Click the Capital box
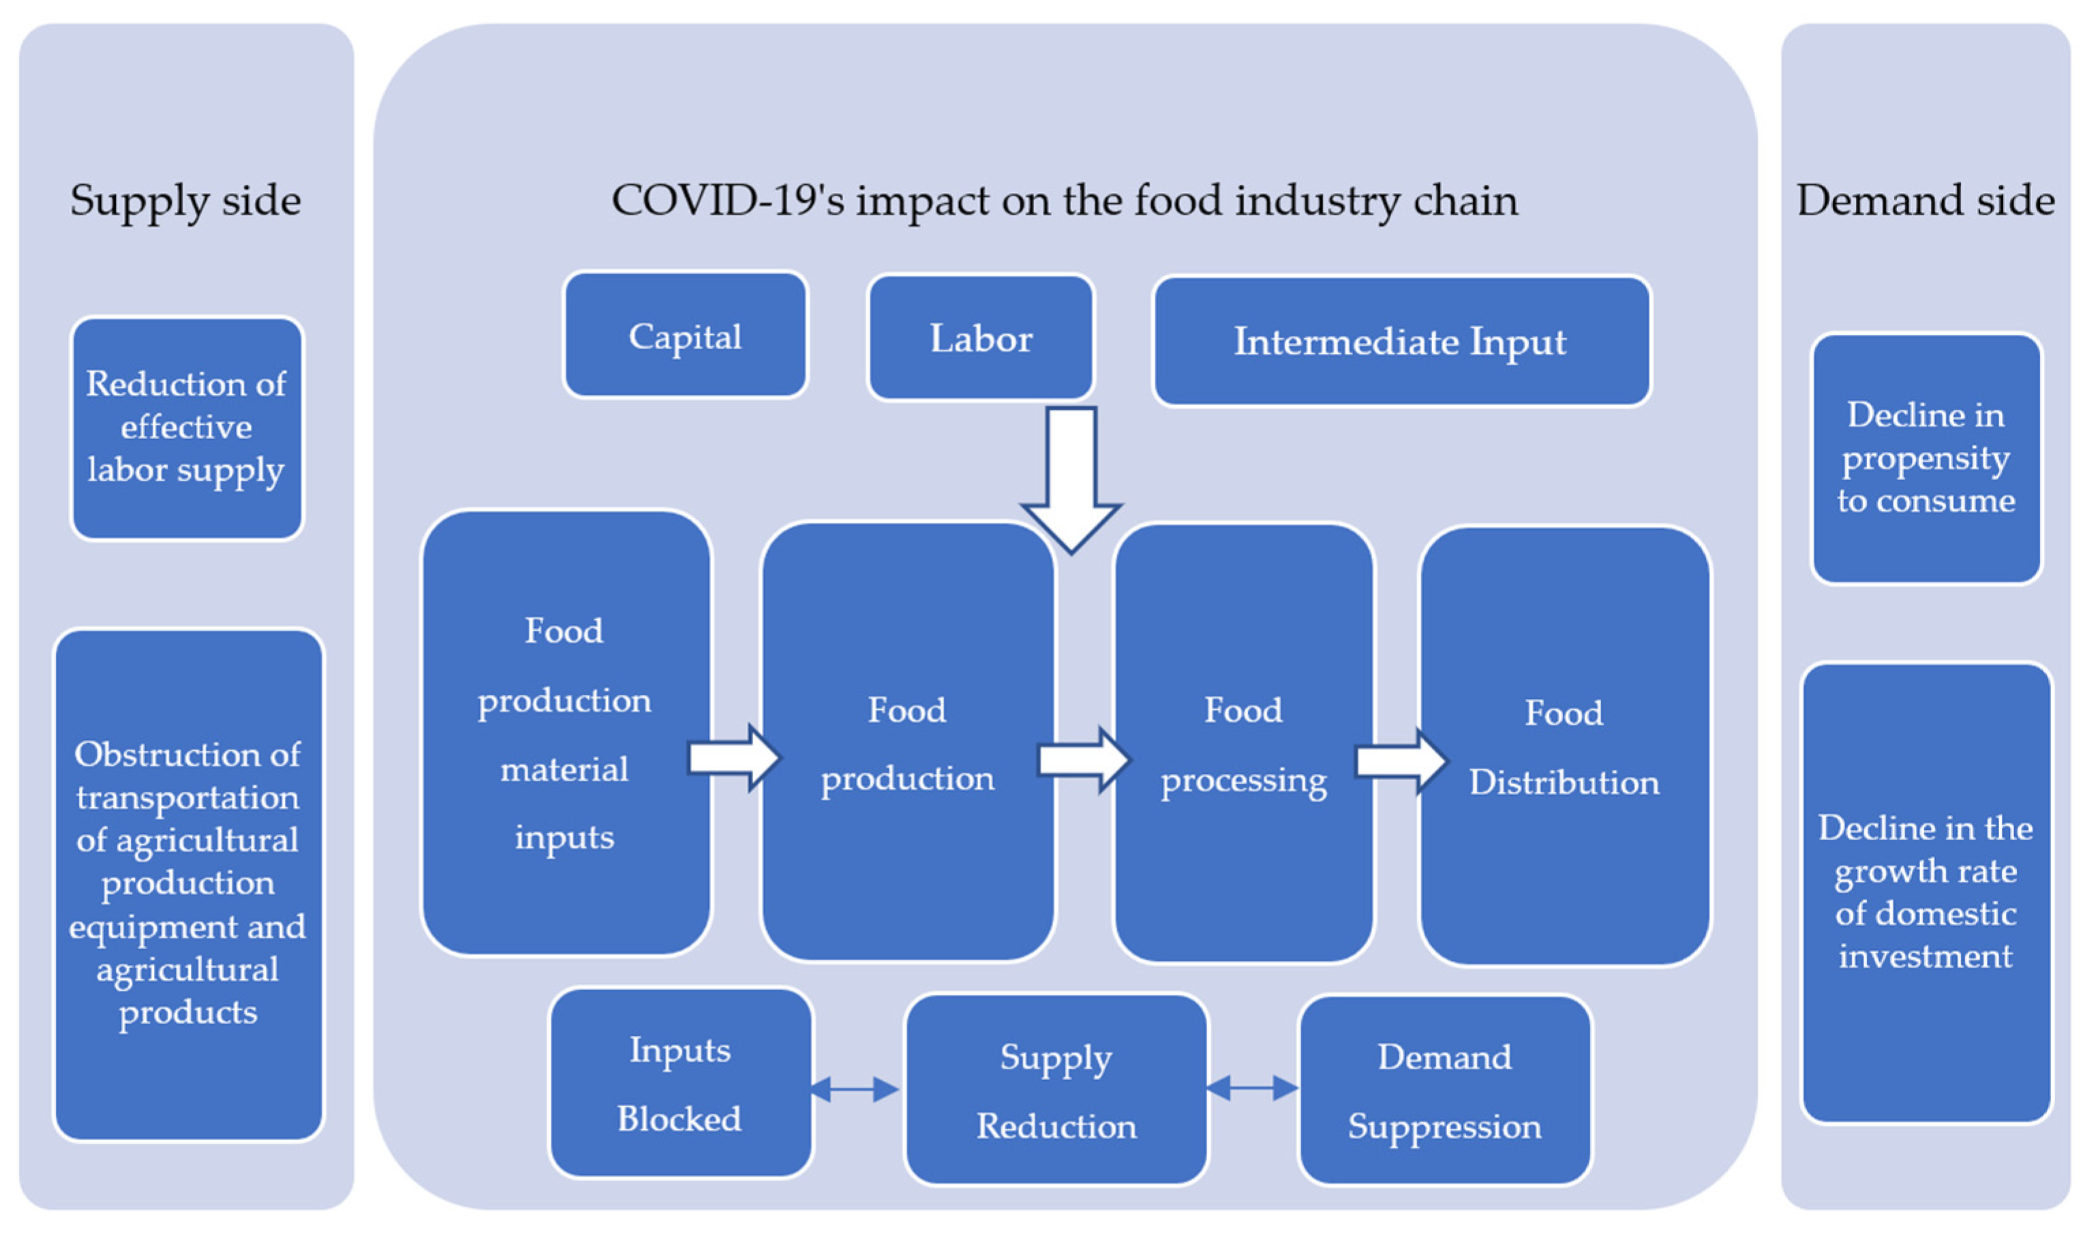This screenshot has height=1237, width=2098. (685, 335)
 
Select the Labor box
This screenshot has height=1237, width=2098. (981, 338)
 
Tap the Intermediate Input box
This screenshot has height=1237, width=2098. (1401, 342)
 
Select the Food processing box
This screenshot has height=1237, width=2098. (1243, 743)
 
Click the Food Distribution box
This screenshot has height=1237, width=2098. (1564, 747)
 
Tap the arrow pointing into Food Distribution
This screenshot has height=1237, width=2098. (1401, 761)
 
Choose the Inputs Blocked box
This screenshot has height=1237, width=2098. (680, 1084)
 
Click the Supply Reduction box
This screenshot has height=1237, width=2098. (1056, 1090)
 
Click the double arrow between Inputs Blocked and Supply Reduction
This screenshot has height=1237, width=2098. (854, 1088)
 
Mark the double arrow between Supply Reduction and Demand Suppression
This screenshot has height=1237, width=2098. (1251, 1088)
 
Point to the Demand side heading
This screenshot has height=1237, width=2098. (1925, 201)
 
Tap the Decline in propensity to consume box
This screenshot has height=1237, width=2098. (1926, 458)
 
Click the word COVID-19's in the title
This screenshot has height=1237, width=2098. (728, 201)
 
